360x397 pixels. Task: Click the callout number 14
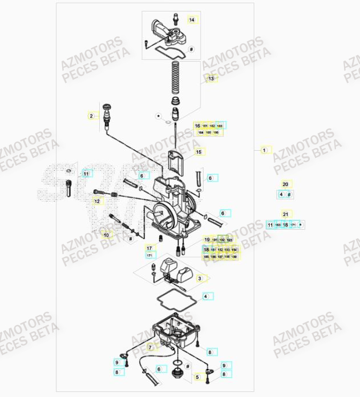pos(192,20)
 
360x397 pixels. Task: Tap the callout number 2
pos(90,116)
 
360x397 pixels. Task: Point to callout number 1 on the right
pos(264,150)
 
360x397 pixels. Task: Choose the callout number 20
pos(285,185)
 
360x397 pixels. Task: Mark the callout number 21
pos(285,215)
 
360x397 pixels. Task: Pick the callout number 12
pos(97,201)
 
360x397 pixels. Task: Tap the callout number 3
pos(200,279)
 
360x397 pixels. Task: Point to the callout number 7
pos(150,347)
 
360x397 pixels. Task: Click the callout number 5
pos(198,377)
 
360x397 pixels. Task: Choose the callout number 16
pos(197,126)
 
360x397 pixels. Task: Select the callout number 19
pos(207,239)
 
